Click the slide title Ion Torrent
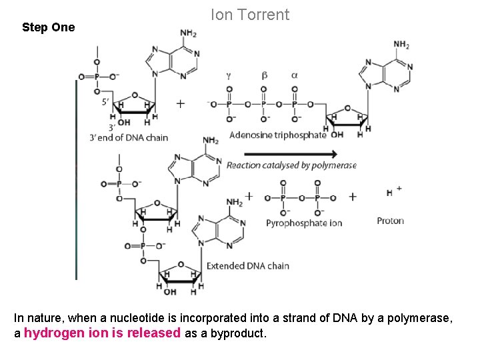[250, 15]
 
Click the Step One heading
[48, 28]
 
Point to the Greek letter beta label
[264, 75]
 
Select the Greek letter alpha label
[294, 75]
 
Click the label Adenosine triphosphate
[277, 135]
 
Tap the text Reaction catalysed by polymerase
[291, 165]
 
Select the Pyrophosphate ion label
[303, 223]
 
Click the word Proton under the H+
[390, 221]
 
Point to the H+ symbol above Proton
[393, 192]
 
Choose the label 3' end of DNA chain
[128, 138]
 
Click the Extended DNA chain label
[247, 266]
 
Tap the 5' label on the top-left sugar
[105, 102]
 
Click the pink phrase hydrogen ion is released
[102, 333]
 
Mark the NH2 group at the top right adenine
[401, 45]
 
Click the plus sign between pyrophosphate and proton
[352, 197]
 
